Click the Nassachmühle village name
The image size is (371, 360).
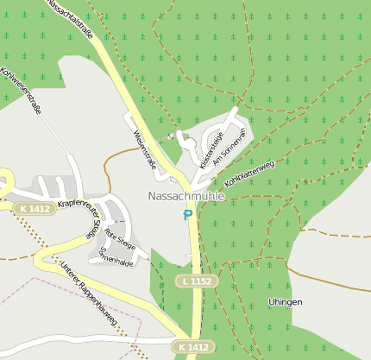coord(185,196)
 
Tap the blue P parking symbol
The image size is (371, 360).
coord(188,214)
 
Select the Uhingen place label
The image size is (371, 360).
coord(285,301)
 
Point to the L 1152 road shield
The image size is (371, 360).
coord(197,281)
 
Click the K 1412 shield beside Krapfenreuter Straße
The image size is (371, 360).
coord(35,209)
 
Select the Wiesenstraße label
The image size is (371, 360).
coord(144,148)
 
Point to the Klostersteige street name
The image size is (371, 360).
coord(211,148)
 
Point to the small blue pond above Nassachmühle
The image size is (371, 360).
coord(174,180)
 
